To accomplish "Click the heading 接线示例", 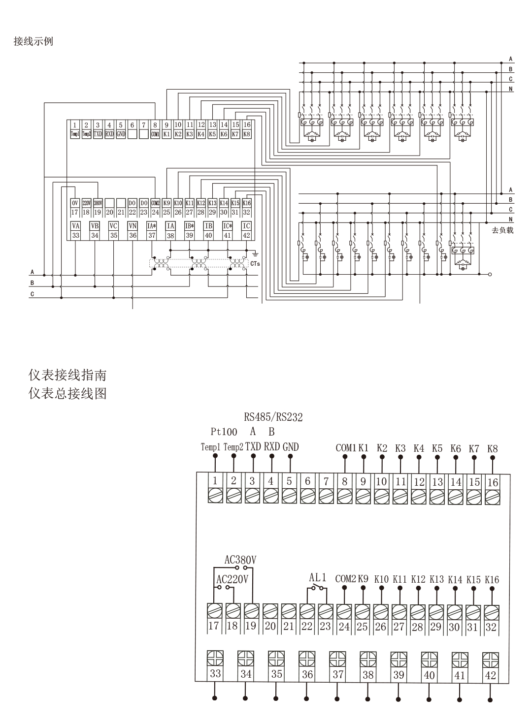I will point(33,41).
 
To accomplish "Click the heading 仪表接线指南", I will point(67,376).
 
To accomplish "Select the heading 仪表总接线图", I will point(67,394).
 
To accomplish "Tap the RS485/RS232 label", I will point(273,417).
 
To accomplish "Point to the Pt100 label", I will point(224,432).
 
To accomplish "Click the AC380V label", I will point(240,560).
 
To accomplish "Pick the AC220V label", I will point(233,579).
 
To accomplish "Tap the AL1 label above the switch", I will point(318,577).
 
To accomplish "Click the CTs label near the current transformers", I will point(255,264).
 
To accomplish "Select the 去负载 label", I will point(502,230).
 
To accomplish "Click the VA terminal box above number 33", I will point(75,226).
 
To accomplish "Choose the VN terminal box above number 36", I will point(133,226).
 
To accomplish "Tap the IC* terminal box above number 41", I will point(227,226).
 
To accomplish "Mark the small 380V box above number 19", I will point(98,203).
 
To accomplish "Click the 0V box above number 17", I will point(75,203).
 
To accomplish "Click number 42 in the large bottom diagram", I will point(490,675).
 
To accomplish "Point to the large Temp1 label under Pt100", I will point(210,447).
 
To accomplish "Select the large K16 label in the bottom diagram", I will point(492,579).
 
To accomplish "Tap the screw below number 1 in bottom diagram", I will point(215,495).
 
